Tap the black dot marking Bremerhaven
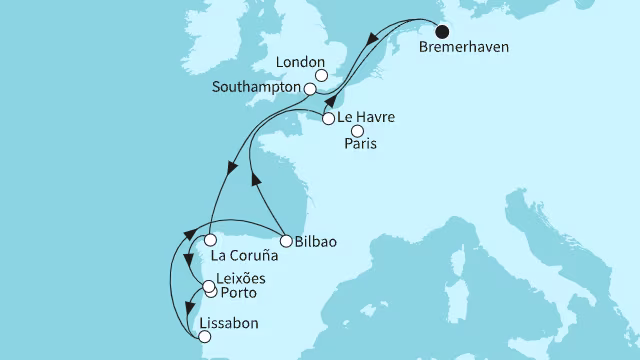[442, 29]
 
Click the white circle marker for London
[321, 74]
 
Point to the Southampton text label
[256, 88]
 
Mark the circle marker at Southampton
[310, 89]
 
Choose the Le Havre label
[367, 118]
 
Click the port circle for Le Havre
[329, 119]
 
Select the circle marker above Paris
[357, 130]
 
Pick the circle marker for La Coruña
[210, 240]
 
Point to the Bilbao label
[317, 241]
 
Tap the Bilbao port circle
[286, 241]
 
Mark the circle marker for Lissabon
[205, 337]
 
